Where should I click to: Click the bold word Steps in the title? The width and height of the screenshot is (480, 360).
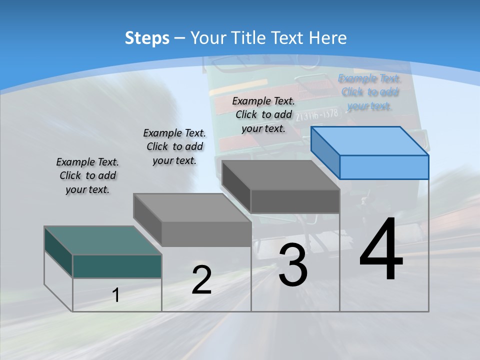[x=147, y=38]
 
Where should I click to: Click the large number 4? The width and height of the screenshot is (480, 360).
[x=381, y=249]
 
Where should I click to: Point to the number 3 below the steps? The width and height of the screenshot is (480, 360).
[x=293, y=265]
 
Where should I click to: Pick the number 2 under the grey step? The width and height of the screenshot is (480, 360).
[x=201, y=280]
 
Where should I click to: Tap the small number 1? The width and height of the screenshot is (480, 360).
[x=116, y=295]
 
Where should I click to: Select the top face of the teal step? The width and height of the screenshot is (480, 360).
[x=103, y=240]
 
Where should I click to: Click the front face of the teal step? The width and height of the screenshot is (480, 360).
[x=117, y=266]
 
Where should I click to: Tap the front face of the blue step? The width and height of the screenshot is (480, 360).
[x=384, y=167]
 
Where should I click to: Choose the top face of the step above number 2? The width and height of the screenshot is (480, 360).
[x=192, y=207]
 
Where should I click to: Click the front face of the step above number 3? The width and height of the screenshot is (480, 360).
[x=295, y=201]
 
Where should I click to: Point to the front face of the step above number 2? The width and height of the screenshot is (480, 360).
[x=206, y=233]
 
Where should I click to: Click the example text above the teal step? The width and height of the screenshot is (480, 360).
[x=87, y=175]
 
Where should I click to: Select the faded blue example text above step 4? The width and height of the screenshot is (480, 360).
[x=369, y=92]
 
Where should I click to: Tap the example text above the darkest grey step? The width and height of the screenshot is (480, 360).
[x=263, y=114]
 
